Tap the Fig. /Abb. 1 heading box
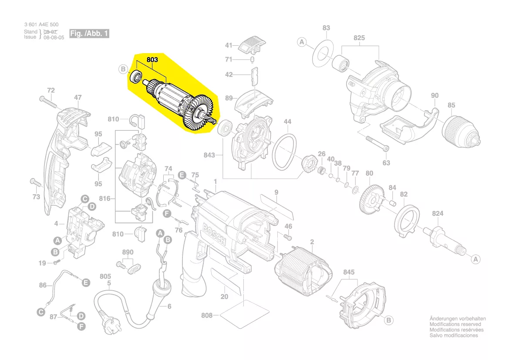click(x=89, y=34)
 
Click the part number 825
click(x=359, y=38)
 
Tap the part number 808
click(x=206, y=315)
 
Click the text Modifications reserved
click(x=455, y=324)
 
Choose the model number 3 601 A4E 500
click(x=41, y=25)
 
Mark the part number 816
click(x=104, y=199)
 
